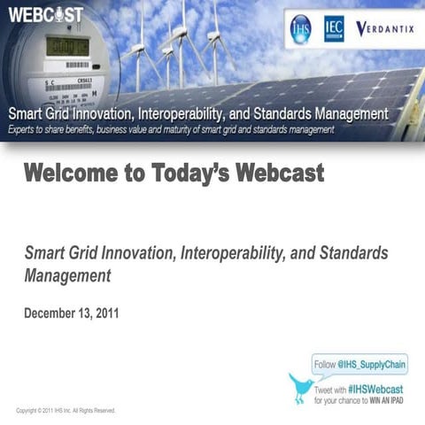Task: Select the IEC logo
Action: tap(334, 28)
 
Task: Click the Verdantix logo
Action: tap(384, 28)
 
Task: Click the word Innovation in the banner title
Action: tap(114, 114)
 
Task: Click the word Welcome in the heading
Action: tap(67, 173)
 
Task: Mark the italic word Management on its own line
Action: tap(67, 275)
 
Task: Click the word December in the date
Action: tap(53, 313)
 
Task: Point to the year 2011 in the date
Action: tap(104, 313)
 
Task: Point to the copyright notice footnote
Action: tap(66, 411)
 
